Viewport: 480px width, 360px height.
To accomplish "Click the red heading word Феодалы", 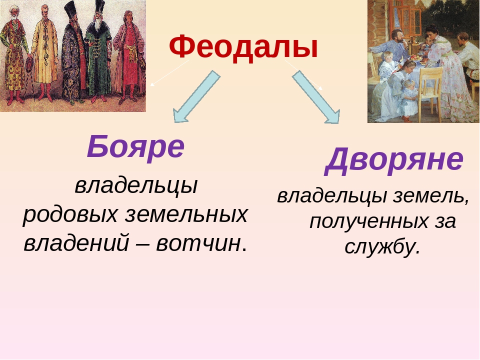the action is coord(243,47).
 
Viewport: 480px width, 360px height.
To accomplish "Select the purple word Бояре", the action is coord(135,146).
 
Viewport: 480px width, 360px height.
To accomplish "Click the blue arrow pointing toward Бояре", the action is coord(196,96).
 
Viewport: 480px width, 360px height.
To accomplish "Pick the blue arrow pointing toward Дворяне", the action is coord(316,97).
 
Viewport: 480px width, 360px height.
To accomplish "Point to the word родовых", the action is coord(70,214).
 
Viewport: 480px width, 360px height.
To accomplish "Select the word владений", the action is coord(76,243).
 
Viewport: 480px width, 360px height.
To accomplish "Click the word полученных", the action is coord(369,221).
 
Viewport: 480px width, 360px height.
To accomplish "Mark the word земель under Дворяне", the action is coord(427,196).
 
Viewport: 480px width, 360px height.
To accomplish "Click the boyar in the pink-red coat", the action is coord(129,56).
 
